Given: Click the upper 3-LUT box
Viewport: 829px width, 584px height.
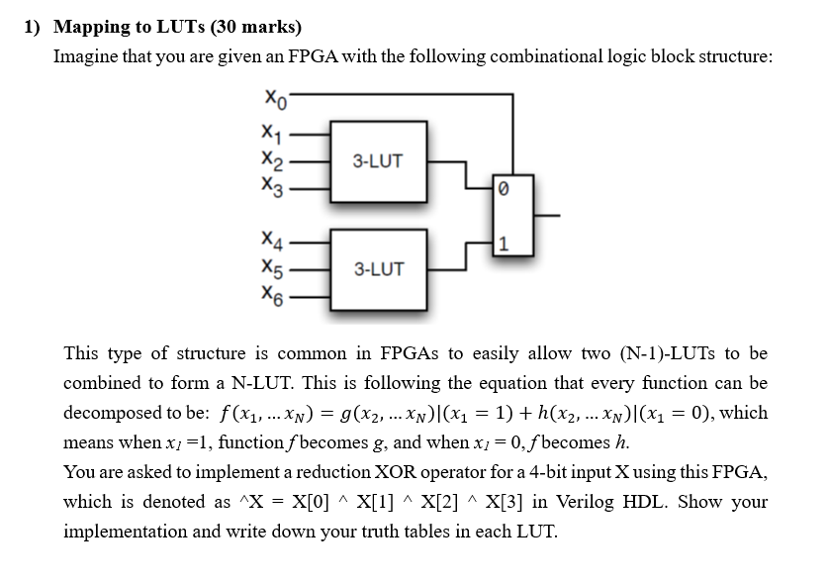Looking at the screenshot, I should click(x=378, y=161).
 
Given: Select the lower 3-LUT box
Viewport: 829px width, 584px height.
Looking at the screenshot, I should click(x=378, y=268).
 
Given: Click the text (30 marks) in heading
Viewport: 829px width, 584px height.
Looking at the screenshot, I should click(x=254, y=26).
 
